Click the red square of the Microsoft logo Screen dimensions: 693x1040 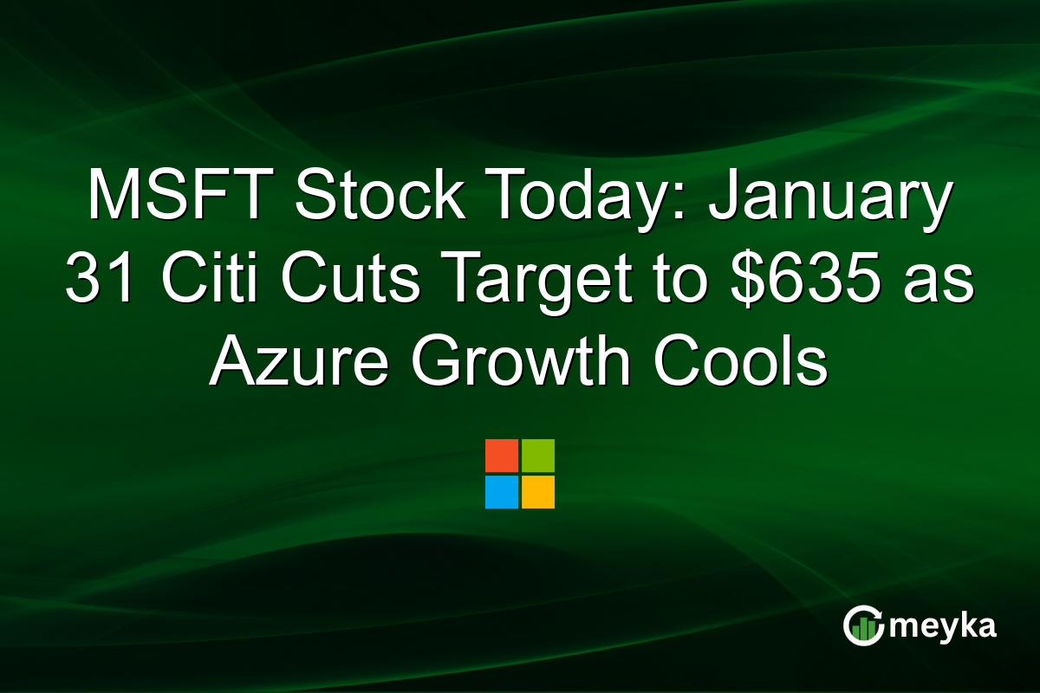tap(502, 456)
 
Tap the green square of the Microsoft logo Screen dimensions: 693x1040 tap(538, 456)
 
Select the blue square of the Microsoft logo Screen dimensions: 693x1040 tap(502, 492)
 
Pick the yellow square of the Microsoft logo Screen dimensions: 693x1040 tap(538, 492)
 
